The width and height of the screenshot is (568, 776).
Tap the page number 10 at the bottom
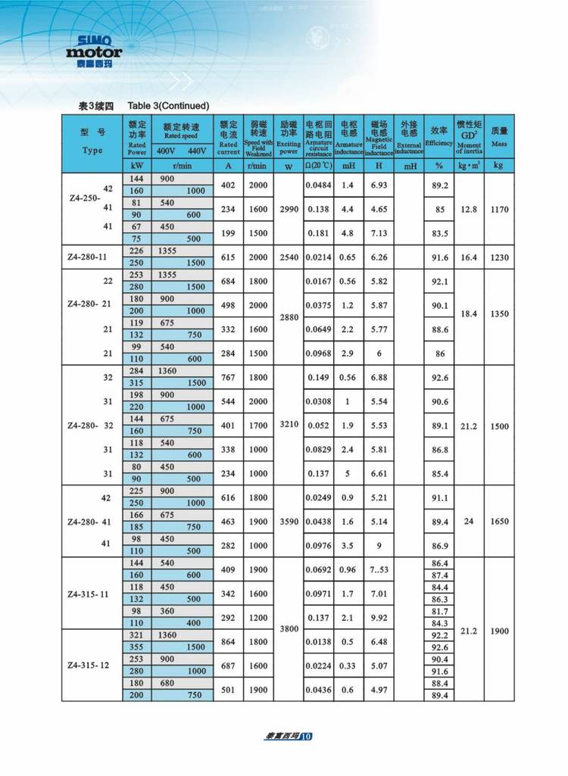click(305, 736)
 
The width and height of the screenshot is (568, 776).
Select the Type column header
click(92, 143)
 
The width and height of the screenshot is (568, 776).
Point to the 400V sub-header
click(165, 150)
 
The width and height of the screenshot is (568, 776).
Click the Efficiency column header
click(438, 137)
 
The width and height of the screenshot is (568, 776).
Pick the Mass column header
click(498, 136)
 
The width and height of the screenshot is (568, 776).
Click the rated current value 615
click(228, 257)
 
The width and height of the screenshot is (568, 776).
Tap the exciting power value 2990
click(289, 209)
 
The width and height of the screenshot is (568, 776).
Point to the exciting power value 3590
click(289, 522)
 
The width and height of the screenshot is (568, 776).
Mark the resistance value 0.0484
click(319, 185)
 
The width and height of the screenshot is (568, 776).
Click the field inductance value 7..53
click(379, 570)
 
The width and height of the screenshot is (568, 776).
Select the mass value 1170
click(498, 209)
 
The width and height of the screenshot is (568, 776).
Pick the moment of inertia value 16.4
click(469, 257)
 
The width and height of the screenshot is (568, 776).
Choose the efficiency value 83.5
click(438, 233)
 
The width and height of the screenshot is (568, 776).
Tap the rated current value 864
click(228, 642)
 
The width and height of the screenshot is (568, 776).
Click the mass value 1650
click(498, 522)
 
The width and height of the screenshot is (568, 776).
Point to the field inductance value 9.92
click(379, 618)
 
